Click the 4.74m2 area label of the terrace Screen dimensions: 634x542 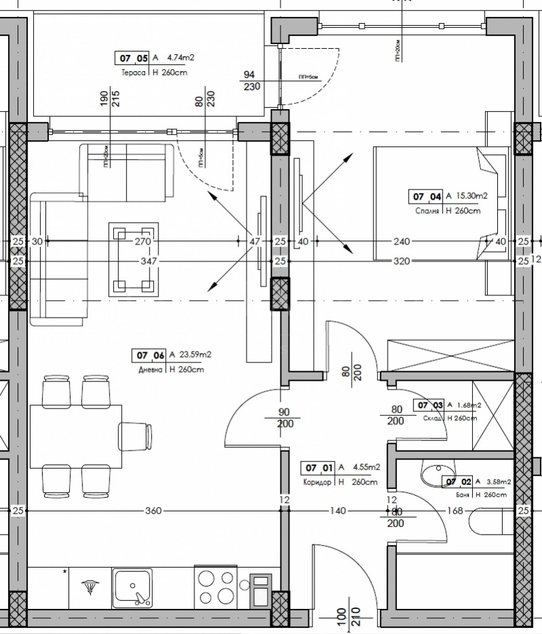180,58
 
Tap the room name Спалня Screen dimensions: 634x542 428,211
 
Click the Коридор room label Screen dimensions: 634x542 316,482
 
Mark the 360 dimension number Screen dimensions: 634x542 153,511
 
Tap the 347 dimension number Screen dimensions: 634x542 148,261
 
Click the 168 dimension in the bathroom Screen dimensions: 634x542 455,511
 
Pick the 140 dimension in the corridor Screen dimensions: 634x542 338,511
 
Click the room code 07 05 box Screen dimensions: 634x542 131,58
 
